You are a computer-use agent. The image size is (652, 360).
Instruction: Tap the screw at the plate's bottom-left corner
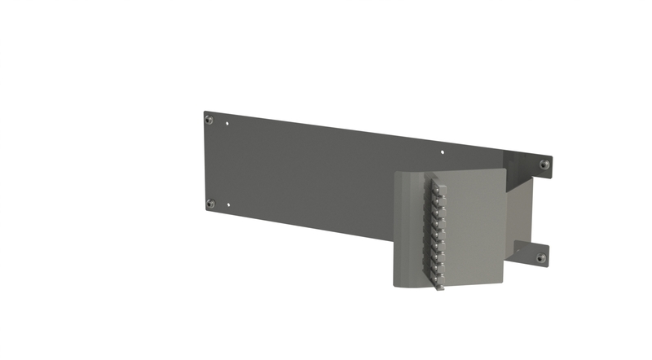tap(210, 204)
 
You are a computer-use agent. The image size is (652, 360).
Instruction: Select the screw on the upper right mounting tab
tap(544, 165)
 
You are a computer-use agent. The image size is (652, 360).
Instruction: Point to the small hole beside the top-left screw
tap(227, 125)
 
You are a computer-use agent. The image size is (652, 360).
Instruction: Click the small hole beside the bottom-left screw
tap(228, 205)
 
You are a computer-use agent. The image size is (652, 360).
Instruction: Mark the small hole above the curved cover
tap(443, 151)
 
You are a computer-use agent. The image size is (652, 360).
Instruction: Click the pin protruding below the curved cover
tap(438, 286)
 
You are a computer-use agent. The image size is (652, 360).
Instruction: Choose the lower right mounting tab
tap(534, 254)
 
